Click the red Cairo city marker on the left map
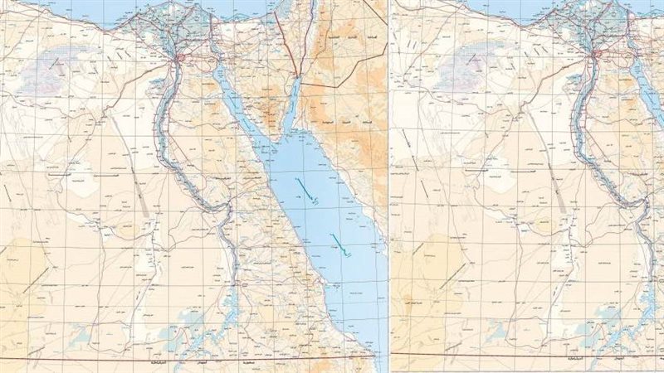pos(178,58)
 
